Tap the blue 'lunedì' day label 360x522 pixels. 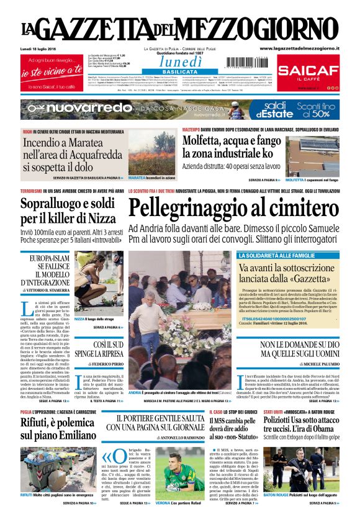pyautogui.click(x=179, y=61)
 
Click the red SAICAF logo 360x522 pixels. pyautogui.click(x=308, y=71)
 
